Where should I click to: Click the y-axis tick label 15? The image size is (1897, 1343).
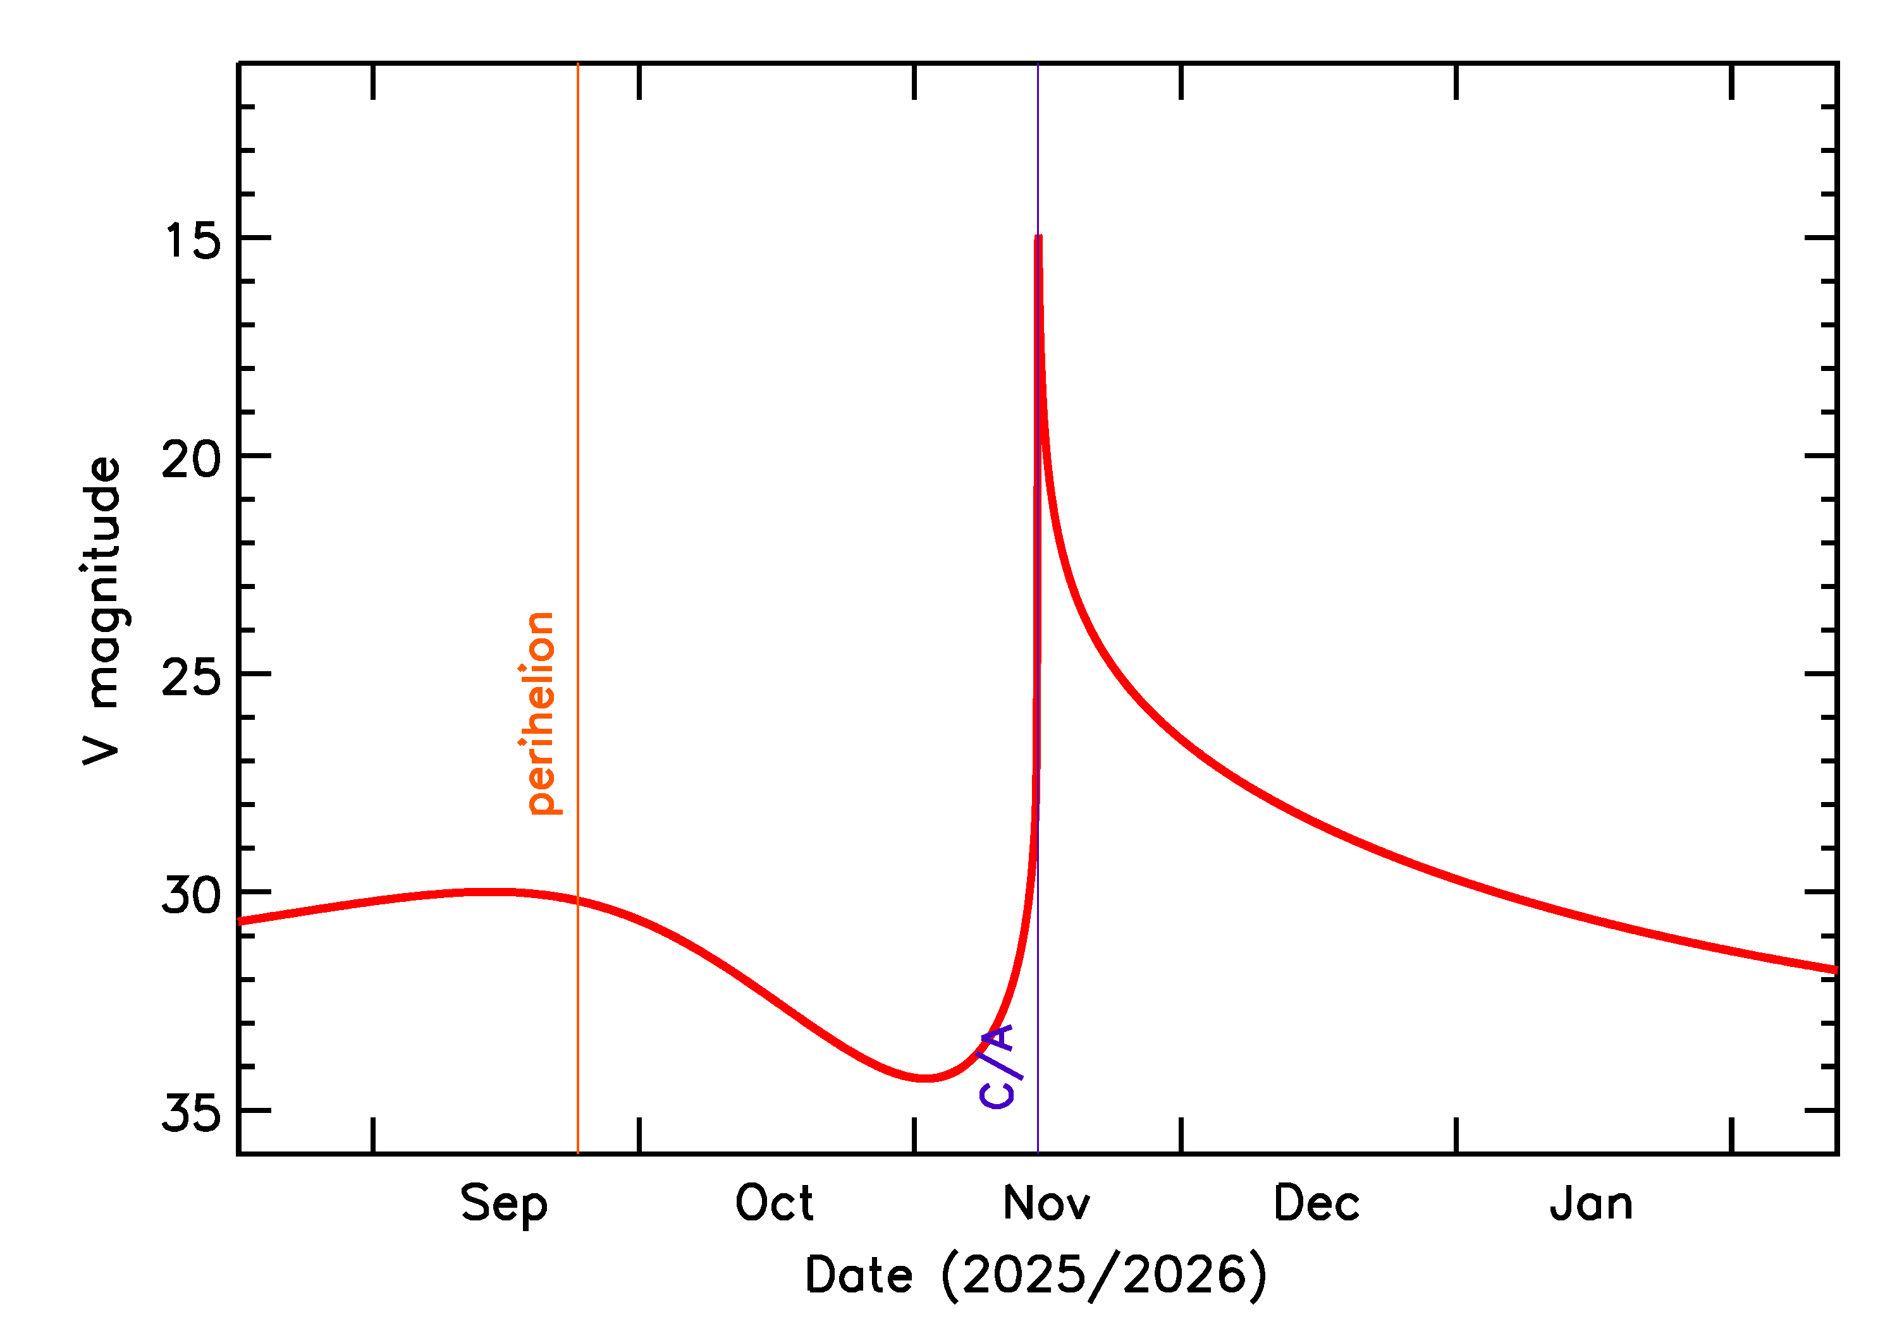click(x=193, y=241)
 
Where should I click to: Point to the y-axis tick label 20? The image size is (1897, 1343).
click(x=192, y=459)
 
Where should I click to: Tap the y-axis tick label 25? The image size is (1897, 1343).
click(x=192, y=678)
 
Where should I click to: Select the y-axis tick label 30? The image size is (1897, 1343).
click(x=192, y=895)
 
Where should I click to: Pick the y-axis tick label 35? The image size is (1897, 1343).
click(x=192, y=1113)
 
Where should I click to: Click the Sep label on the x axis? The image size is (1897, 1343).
click(x=504, y=1205)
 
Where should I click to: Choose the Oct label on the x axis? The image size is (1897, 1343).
click(x=775, y=1203)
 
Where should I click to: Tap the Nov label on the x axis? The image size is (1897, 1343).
click(x=1046, y=1203)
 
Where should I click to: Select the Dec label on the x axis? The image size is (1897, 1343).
click(x=1317, y=1203)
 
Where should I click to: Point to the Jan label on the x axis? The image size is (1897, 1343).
click(x=1591, y=1203)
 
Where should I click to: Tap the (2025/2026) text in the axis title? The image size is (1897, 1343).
click(x=1103, y=1275)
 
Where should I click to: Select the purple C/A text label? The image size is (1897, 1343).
click(x=999, y=1066)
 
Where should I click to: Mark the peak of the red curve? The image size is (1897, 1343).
click(x=1038, y=238)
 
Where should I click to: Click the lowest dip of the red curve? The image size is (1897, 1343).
click(x=925, y=1078)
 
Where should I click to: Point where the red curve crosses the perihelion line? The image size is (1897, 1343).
click(x=577, y=901)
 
